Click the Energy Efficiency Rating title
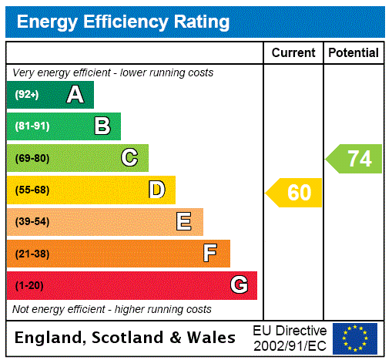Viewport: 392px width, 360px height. click(x=122, y=22)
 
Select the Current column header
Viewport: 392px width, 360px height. click(x=293, y=52)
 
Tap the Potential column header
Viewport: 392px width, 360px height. click(x=353, y=52)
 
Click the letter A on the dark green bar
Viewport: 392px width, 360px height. click(x=75, y=95)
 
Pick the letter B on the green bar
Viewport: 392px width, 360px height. click(x=102, y=126)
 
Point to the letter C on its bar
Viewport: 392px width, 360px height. click(x=129, y=158)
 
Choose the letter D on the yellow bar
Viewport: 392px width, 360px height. click(x=156, y=190)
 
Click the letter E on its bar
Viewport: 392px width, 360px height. click(x=184, y=222)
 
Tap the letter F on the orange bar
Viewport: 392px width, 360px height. click(x=209, y=253)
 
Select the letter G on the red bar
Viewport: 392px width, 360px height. click(x=239, y=285)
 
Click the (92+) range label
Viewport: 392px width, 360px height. click(x=27, y=95)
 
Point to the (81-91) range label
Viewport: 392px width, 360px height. click(x=32, y=126)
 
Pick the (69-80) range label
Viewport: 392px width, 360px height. click(x=32, y=158)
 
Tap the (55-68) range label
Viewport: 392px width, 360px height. click(x=32, y=190)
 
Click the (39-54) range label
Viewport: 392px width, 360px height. click(x=32, y=222)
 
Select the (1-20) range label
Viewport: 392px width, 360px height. click(x=29, y=285)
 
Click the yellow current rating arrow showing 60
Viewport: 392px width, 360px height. click(x=294, y=193)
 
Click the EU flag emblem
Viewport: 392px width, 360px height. click(x=355, y=338)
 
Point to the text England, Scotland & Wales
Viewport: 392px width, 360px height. click(x=126, y=338)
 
